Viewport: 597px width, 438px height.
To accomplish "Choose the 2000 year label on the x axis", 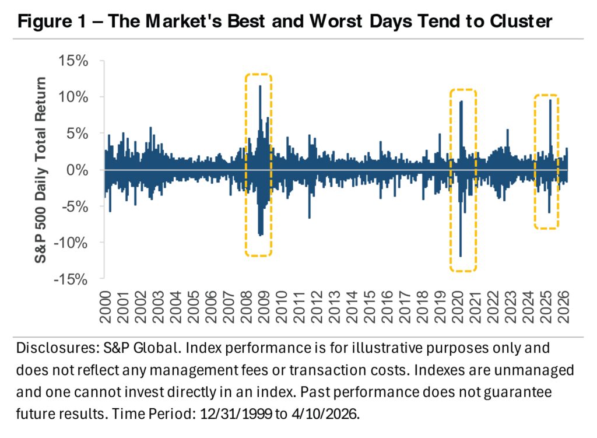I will (106, 303).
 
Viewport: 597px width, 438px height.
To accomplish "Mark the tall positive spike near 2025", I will (550, 101).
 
